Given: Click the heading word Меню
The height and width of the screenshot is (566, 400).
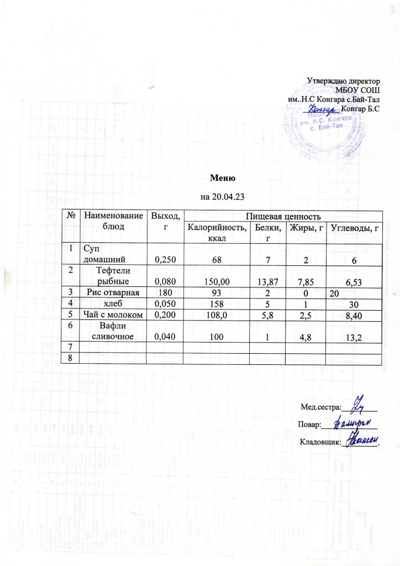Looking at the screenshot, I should (x=223, y=179).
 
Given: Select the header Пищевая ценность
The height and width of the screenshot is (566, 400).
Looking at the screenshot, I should (x=282, y=214).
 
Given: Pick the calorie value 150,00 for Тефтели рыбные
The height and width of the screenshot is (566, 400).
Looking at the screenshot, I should (x=216, y=282).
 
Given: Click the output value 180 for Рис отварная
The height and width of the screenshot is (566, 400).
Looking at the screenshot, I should (x=164, y=292).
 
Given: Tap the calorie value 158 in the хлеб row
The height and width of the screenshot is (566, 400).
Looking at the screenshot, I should (x=216, y=303).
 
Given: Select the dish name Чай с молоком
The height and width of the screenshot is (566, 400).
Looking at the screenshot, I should (x=113, y=315).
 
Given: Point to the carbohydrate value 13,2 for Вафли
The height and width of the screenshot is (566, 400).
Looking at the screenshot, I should (x=352, y=338).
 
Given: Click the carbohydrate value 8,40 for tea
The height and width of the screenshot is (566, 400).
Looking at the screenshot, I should (x=352, y=316).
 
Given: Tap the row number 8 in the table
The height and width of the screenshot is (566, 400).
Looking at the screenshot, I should (x=71, y=358).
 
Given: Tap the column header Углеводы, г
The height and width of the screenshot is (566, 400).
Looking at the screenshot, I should (x=354, y=227).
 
